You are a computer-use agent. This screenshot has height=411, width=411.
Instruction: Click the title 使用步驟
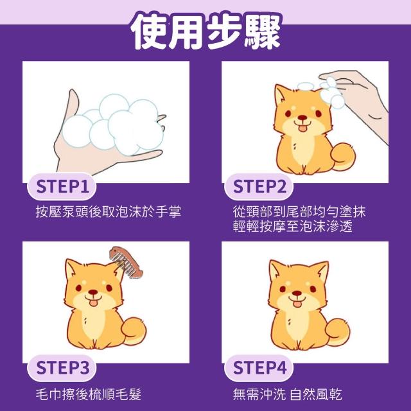tap(205, 31)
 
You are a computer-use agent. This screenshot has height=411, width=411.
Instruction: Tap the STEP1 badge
tap(62, 186)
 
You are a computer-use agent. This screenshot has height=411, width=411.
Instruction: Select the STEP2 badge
tap(259, 186)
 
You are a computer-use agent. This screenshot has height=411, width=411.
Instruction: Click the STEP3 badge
tap(62, 368)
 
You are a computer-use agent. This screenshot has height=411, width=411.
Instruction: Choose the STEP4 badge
tap(259, 368)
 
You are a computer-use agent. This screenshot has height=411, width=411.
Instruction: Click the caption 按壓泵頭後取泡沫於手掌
tap(109, 212)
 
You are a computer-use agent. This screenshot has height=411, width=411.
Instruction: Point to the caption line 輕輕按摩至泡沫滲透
tap(293, 227)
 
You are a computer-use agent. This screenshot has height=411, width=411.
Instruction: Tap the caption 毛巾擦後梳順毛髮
tap(89, 394)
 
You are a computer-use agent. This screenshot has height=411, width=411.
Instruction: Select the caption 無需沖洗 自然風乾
tap(288, 394)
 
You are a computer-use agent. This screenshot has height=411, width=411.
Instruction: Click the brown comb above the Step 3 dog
tap(126, 261)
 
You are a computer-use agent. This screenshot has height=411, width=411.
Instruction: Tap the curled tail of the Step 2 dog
tap(343, 157)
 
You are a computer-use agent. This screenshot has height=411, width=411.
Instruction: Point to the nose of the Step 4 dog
tap(297, 293)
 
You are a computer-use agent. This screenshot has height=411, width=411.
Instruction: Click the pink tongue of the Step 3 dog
tap(93, 303)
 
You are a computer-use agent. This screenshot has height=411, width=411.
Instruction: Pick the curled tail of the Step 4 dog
tap(337, 332)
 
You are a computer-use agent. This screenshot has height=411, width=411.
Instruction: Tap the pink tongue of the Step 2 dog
tap(302, 128)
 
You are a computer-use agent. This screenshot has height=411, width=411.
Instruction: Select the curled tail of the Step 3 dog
tap(134, 331)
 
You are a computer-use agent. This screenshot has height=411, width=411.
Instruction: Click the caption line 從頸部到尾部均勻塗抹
tap(299, 212)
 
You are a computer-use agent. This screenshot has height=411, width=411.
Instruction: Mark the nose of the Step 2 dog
tap(302, 118)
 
